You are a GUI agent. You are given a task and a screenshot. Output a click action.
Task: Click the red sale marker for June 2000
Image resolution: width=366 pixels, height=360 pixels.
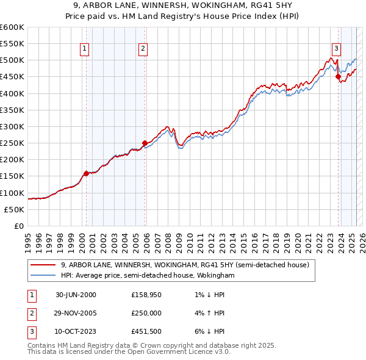tap(86, 173)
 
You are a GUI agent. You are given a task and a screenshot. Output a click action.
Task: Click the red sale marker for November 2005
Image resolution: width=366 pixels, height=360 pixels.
tap(145, 143)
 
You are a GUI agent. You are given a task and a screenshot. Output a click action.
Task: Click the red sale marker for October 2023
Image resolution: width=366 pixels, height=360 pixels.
tap(338, 76)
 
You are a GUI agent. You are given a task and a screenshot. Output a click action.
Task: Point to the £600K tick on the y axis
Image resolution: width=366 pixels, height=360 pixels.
tap(12, 27)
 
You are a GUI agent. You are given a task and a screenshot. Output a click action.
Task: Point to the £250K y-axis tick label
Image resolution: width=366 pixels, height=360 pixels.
tap(12, 143)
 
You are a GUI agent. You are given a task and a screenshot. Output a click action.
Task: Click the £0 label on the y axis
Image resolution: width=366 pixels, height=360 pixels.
tap(18, 226)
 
